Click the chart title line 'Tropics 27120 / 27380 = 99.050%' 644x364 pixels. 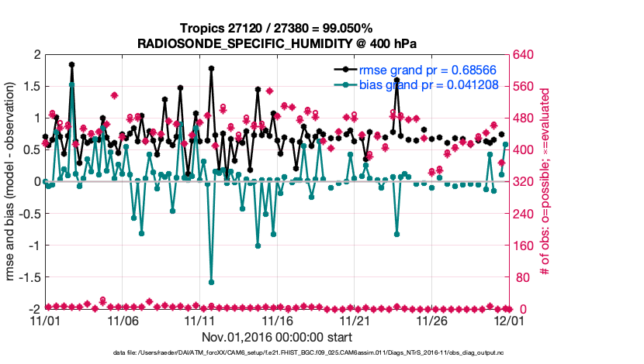pos(277,29)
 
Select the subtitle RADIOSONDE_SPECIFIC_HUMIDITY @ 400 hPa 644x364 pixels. pos(277,43)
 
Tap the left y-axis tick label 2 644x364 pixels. pos(36,55)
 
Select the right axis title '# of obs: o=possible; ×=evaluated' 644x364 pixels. pos(545,182)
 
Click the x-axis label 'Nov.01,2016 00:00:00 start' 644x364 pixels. pos(277,337)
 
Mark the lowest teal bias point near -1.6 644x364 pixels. pos(211,282)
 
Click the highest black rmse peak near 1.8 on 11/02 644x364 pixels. pos(71,65)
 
